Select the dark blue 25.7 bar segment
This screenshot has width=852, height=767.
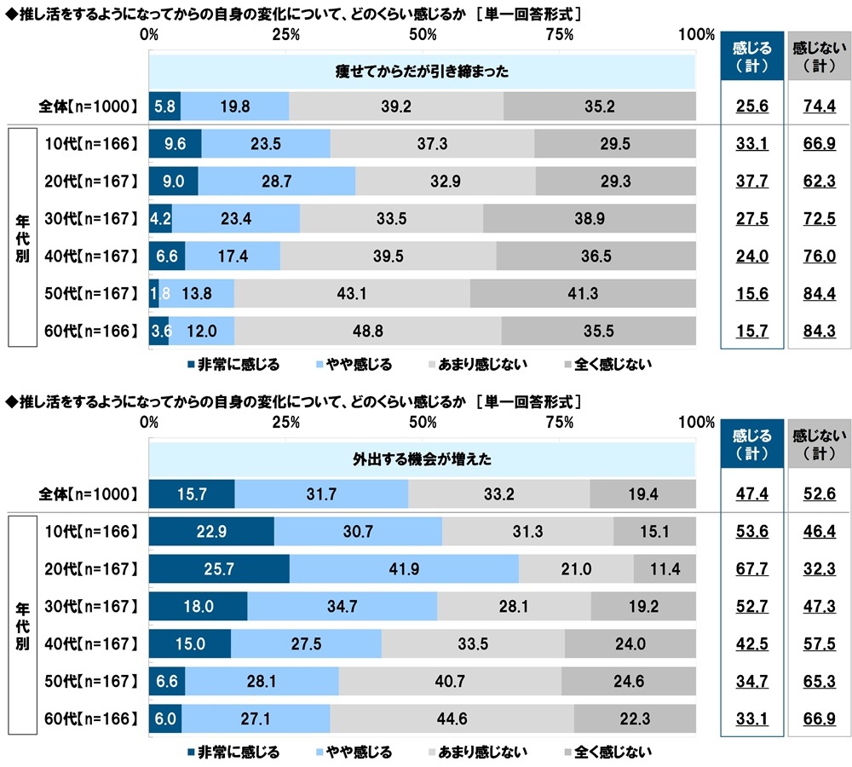[x=219, y=569]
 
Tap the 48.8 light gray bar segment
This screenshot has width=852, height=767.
[x=367, y=330]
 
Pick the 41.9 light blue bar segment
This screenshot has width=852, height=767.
[x=404, y=569]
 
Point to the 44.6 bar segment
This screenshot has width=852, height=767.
[x=452, y=718]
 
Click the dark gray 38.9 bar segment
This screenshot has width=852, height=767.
[x=589, y=218]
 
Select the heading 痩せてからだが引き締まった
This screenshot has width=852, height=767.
[x=422, y=72]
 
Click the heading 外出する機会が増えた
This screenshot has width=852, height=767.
[x=422, y=458]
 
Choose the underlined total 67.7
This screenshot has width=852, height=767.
[x=751, y=569]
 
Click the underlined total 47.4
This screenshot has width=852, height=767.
[x=751, y=494]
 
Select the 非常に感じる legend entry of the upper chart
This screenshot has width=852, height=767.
[x=233, y=365]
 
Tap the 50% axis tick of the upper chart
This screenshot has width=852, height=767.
[x=423, y=34]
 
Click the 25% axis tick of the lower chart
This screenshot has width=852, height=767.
[x=286, y=421]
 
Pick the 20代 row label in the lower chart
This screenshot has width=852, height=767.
[x=89, y=569]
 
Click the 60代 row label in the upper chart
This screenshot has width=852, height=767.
[x=89, y=330]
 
